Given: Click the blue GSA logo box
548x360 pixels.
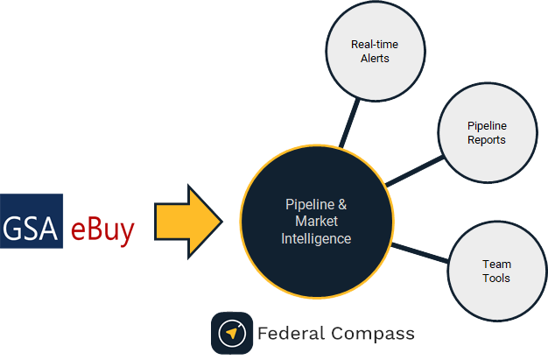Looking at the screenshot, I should click(32, 221).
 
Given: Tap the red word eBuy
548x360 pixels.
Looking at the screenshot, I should click(102, 229).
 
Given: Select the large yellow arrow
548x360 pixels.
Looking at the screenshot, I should click(188, 221).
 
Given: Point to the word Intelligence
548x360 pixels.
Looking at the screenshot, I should click(317, 238).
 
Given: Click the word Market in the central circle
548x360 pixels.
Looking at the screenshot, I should click(317, 222).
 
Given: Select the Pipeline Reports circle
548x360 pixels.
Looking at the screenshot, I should click(486, 133).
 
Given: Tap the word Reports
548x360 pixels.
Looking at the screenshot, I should click(486, 140).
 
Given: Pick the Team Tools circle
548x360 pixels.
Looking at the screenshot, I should click(495, 271).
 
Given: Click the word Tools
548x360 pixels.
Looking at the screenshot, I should click(496, 279).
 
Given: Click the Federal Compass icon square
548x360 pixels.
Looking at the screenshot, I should click(232, 333).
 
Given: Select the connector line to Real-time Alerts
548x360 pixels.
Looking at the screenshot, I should click(349, 120).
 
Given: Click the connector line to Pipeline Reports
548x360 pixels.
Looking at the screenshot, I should click(414, 172).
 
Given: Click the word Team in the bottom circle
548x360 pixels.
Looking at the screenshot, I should click(496, 264).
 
